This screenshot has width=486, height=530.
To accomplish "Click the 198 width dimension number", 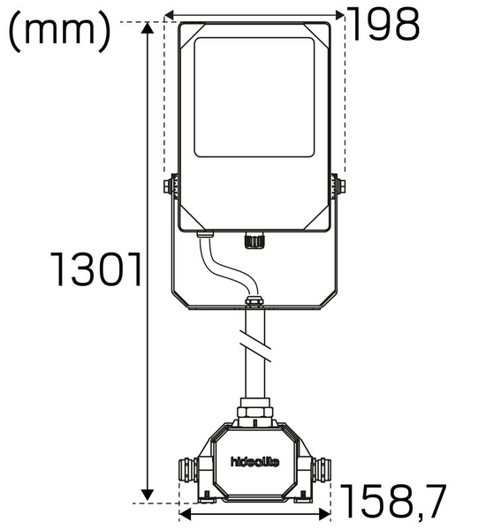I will click(x=382, y=26).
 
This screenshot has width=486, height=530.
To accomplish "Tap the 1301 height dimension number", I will click(x=95, y=270).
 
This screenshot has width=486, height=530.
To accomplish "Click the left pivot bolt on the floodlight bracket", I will click(x=168, y=185).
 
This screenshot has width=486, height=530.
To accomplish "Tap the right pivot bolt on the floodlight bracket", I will click(x=338, y=185).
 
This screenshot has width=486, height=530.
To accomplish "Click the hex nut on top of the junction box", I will click(x=254, y=411).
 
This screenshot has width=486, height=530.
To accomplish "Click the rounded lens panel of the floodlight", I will click(x=254, y=97).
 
